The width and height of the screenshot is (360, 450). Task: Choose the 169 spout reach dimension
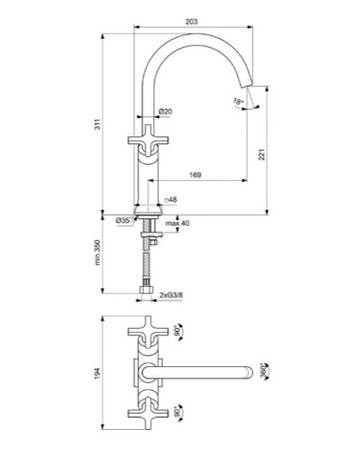[x=194, y=175]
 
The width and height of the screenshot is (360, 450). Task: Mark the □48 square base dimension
[x=171, y=201]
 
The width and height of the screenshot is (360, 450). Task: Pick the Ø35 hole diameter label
[x=123, y=220]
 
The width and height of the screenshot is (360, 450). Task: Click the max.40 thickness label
[x=177, y=223]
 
